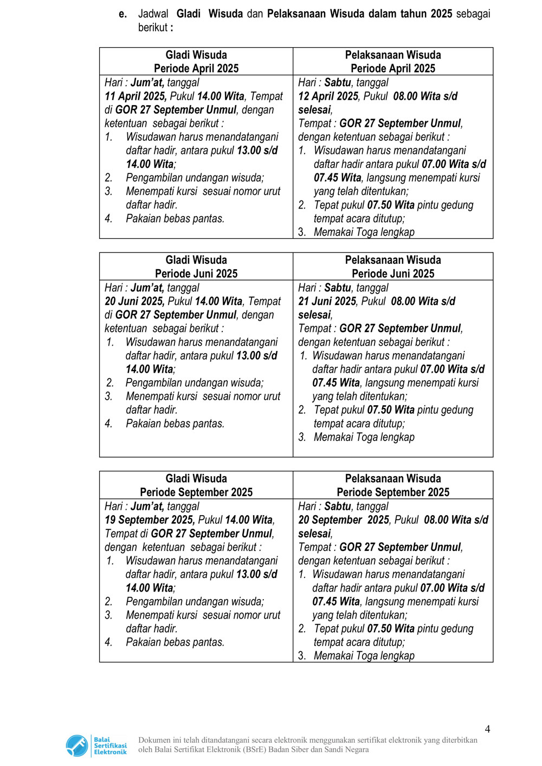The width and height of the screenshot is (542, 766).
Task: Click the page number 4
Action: coord(487,729)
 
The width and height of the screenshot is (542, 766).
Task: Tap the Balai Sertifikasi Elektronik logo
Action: coord(96,745)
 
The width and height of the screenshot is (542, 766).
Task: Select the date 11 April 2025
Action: coord(135,96)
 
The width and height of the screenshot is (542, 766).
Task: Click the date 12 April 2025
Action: coord(328,96)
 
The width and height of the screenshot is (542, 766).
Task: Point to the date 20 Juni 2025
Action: coord(134,301)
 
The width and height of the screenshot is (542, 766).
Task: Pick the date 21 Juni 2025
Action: coord(327,301)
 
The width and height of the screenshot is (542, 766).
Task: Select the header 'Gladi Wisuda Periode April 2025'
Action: coord(196,62)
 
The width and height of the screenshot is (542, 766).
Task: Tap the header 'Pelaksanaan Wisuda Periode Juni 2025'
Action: coord(393,267)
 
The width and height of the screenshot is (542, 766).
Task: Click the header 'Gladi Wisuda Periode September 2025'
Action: coord(196,485)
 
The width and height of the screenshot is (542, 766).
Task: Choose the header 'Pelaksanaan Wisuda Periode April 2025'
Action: coord(393,62)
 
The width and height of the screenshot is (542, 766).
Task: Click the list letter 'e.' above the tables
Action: coord(123,14)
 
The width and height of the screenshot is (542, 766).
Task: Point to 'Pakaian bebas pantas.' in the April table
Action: coord(175,219)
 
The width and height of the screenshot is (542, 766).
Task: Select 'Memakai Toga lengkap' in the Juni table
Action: coord(364,437)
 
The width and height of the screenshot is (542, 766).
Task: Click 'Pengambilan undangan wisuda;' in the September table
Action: coord(195,601)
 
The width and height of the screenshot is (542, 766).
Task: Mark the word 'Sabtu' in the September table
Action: coord(338,507)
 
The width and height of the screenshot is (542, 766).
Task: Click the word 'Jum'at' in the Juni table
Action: coord(147,288)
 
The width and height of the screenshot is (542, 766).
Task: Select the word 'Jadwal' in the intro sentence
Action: coord(153,14)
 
